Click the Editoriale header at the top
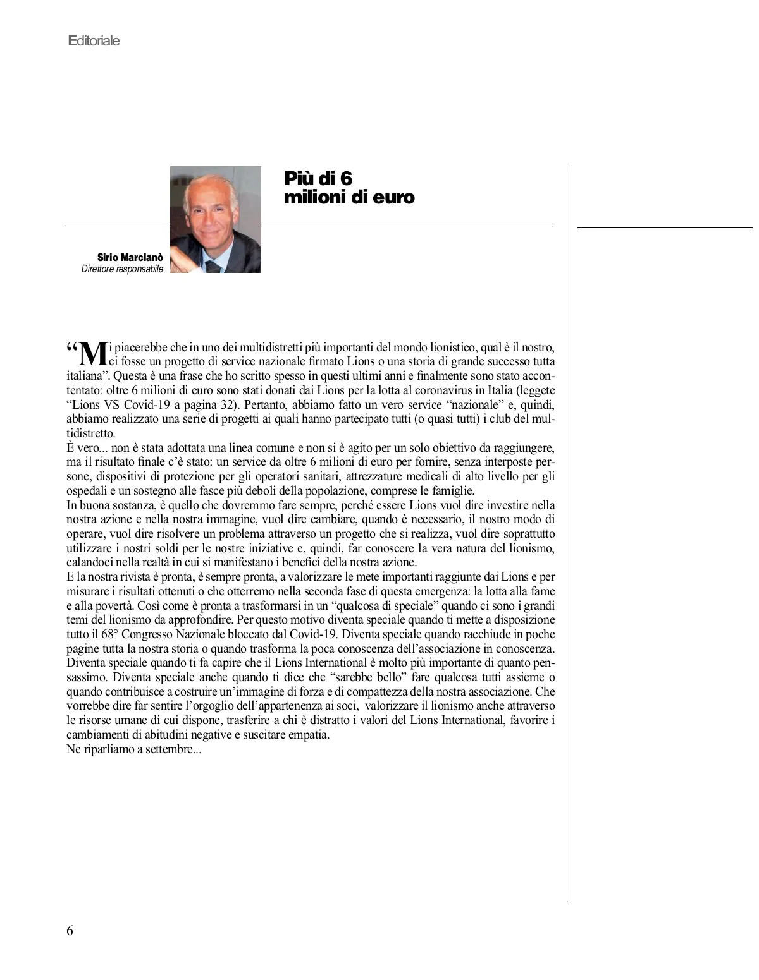tap(94, 41)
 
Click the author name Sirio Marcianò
tap(130, 258)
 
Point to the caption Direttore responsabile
tap(122, 269)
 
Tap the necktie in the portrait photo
tap(214, 267)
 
